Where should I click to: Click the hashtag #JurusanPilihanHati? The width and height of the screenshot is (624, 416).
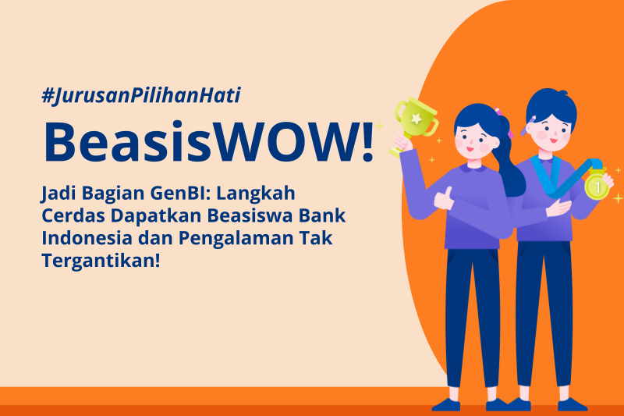coord(141,96)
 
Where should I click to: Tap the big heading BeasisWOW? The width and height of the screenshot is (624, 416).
coord(208,142)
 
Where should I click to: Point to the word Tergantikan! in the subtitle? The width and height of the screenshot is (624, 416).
coord(101,261)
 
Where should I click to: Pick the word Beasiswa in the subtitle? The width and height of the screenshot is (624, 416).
coord(250,215)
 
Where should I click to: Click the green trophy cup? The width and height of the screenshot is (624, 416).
coord(414,122)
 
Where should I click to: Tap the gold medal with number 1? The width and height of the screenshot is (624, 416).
coord(597,187)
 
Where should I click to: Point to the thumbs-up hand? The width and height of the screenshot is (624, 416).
coord(444,198)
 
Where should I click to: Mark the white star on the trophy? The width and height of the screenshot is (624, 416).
coord(417,118)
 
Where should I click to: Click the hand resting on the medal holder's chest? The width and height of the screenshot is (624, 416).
coord(558,208)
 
